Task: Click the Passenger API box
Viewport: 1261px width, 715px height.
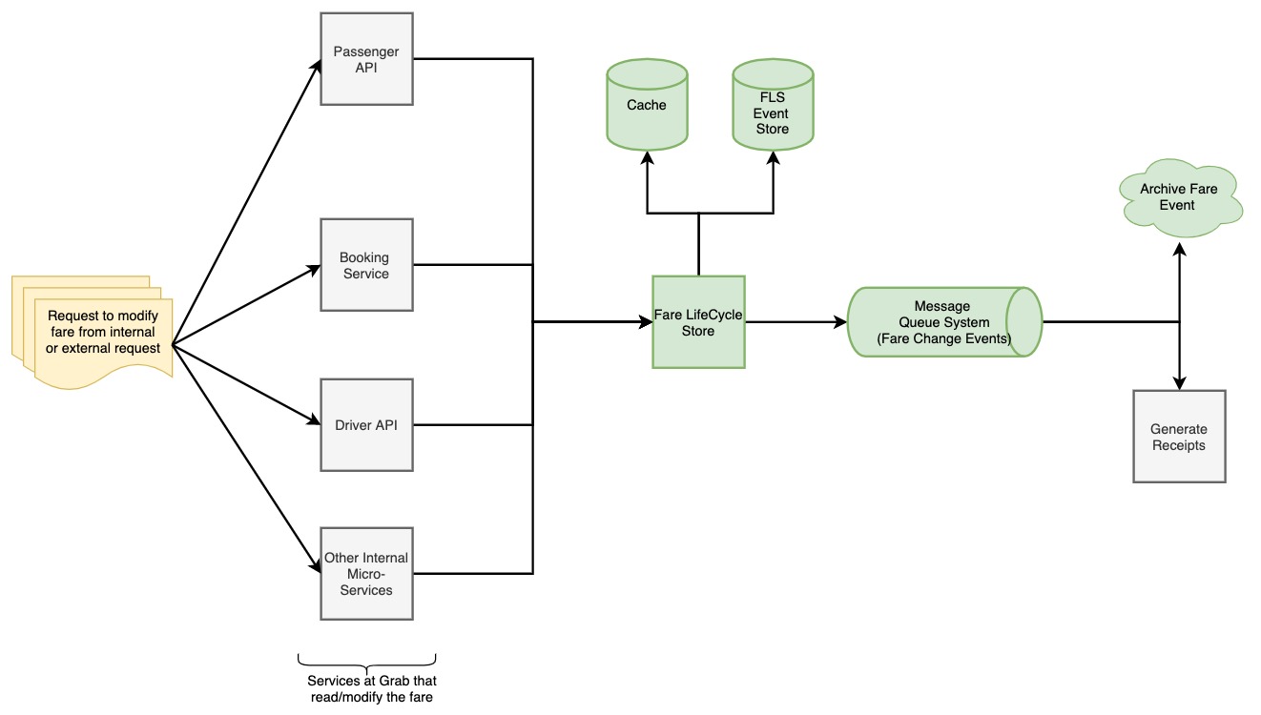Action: coord(367,59)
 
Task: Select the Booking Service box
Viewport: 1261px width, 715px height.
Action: coord(367,265)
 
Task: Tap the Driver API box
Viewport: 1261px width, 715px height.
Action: coord(367,425)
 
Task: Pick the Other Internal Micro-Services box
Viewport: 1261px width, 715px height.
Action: coord(367,574)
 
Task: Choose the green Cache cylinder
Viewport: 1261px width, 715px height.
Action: coord(647,105)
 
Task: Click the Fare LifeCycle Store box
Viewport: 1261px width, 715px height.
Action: coord(698,322)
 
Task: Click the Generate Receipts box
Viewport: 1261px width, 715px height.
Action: coord(1179,437)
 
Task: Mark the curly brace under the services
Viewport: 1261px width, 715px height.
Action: coord(367,661)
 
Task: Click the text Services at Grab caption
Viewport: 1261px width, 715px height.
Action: coord(371,689)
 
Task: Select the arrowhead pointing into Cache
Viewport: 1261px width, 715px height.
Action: coord(647,157)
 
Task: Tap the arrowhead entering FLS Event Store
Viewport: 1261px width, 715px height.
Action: coord(773,156)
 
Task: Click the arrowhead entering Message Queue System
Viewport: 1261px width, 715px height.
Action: coord(840,322)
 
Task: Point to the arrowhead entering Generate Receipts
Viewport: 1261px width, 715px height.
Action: coord(1180,382)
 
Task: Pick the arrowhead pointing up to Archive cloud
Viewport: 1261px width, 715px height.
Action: coord(1180,249)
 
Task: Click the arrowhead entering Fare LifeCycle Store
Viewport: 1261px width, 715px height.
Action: coord(645,322)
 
